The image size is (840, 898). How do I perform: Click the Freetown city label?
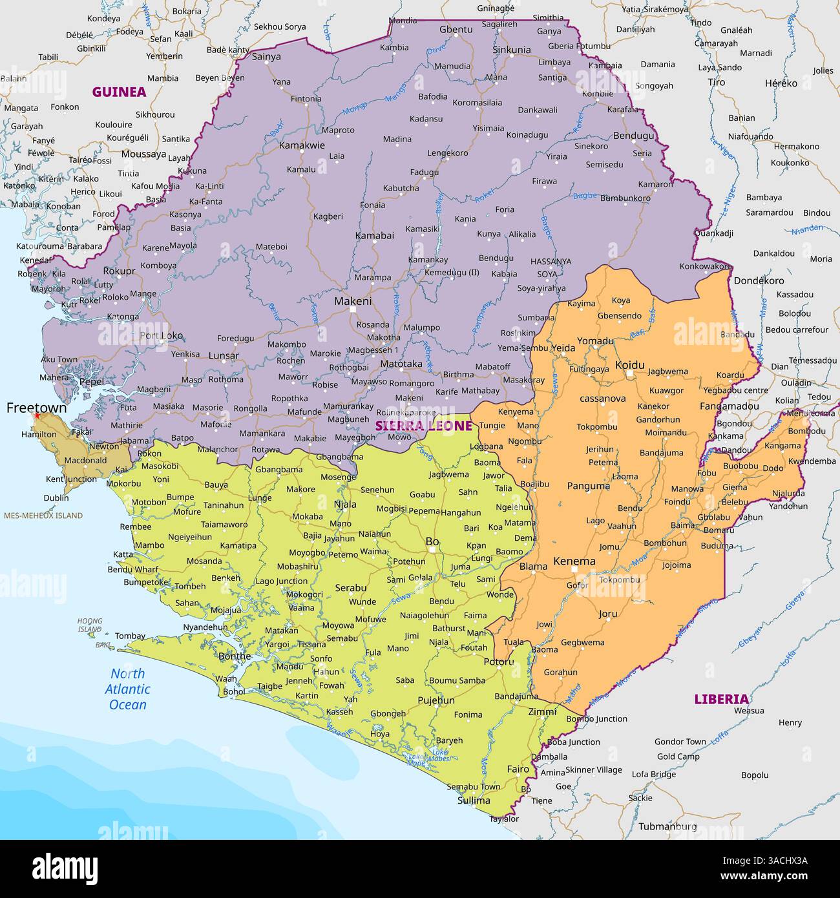pyautogui.click(x=36, y=408)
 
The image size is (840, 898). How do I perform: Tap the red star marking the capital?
pyautogui.click(x=37, y=416)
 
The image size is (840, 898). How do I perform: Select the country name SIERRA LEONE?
pyautogui.click(x=424, y=426)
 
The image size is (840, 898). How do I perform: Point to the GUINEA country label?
pyautogui.click(x=119, y=92)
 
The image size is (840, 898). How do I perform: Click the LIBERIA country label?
pyautogui.click(x=721, y=699)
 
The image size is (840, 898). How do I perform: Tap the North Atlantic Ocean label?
pyautogui.click(x=127, y=689)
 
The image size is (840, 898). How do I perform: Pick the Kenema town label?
pyautogui.click(x=574, y=561)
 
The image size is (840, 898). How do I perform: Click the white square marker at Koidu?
pyautogui.click(x=629, y=373)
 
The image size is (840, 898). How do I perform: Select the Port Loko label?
pyautogui.click(x=162, y=336)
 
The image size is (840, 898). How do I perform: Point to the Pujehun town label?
pyautogui.click(x=436, y=700)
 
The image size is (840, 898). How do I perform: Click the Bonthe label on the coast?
pyautogui.click(x=235, y=656)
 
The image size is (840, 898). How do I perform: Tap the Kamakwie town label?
pyautogui.click(x=302, y=145)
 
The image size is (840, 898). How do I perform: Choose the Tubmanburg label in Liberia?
pyautogui.click(x=667, y=826)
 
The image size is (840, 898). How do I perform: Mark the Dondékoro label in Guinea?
pyautogui.click(x=759, y=280)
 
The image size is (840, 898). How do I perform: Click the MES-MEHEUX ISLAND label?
pyautogui.click(x=43, y=516)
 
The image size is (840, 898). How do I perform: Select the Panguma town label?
pyautogui.click(x=588, y=486)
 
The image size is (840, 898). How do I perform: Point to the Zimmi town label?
pyautogui.click(x=542, y=712)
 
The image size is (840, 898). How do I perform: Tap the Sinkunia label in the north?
pyautogui.click(x=512, y=50)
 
